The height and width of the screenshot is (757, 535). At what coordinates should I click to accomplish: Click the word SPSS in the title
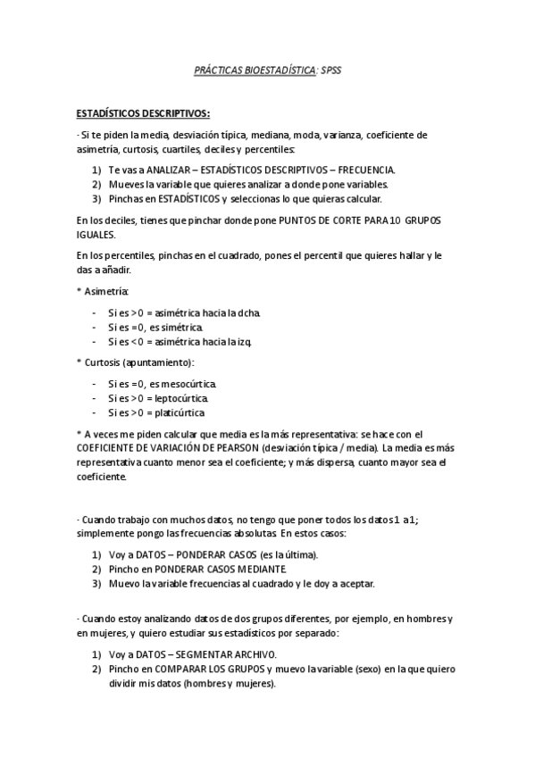click(x=330, y=70)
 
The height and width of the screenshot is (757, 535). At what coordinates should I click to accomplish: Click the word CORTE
click(x=339, y=220)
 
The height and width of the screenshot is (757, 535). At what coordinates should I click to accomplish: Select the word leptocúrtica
click(x=183, y=398)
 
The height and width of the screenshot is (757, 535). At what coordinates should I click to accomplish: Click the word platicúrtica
click(x=180, y=412)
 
